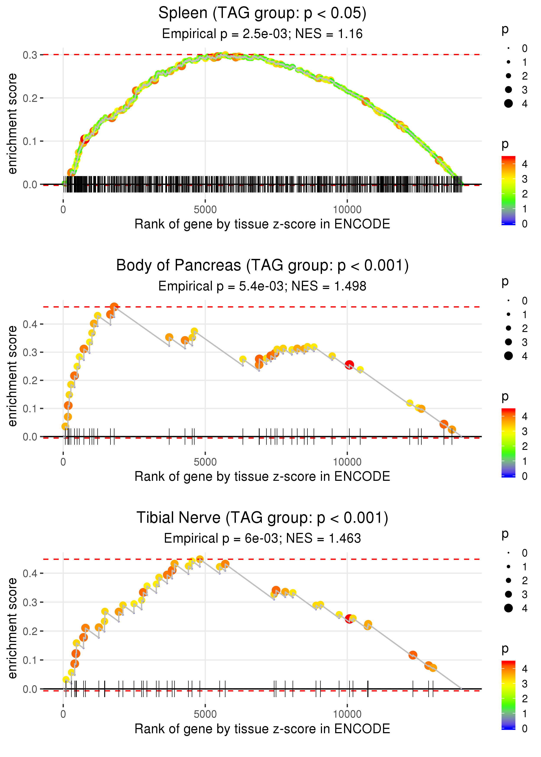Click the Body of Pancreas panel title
(262, 266)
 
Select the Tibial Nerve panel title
(262, 518)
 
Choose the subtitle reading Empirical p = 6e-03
(262, 538)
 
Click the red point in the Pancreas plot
(349, 364)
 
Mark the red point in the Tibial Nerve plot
(349, 619)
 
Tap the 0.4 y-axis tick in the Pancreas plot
(30, 324)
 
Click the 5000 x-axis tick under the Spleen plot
(205, 210)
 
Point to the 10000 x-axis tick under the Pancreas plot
(347, 462)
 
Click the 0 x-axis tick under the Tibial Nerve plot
(63, 714)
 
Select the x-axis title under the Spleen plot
(262, 224)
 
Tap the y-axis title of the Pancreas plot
(12, 376)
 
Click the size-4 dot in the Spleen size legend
(508, 104)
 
